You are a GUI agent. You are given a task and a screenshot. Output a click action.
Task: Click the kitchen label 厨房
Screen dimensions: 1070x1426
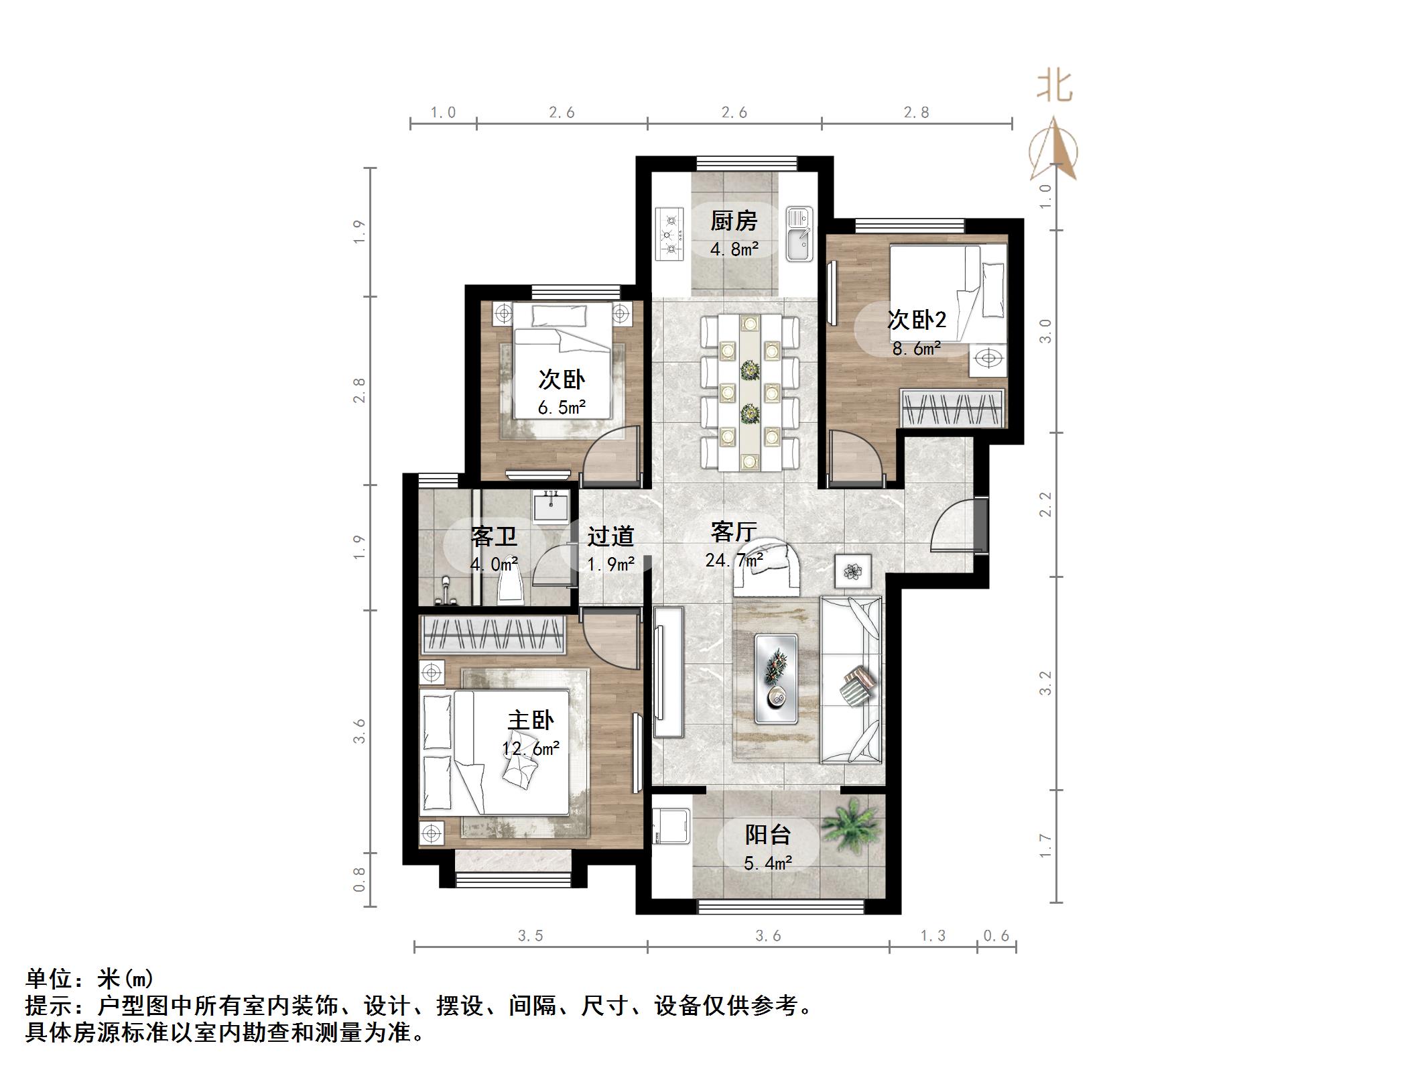(x=734, y=220)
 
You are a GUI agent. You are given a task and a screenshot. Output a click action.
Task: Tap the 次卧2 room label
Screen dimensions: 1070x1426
(x=916, y=320)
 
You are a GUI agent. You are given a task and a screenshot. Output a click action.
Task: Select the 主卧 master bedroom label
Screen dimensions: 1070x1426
(x=530, y=721)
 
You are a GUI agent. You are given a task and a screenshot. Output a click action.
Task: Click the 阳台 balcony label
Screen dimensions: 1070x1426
(x=768, y=835)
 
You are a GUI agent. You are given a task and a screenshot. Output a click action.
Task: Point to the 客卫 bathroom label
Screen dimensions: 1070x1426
(x=494, y=537)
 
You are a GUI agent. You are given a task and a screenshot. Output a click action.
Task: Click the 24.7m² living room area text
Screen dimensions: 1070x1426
(x=734, y=560)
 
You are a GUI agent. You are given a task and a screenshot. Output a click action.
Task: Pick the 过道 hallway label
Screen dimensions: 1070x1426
(x=610, y=536)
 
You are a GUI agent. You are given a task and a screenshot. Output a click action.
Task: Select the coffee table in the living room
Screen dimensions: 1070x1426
(x=776, y=678)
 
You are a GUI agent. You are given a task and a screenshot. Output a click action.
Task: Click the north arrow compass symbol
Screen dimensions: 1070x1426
(x=1054, y=149)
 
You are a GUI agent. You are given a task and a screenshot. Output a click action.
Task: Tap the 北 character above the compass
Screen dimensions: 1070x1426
(x=1054, y=86)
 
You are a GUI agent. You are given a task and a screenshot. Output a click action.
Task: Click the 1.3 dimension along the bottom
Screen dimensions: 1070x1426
(x=933, y=936)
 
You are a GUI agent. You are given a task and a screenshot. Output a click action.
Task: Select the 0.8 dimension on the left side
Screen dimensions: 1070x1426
(x=360, y=879)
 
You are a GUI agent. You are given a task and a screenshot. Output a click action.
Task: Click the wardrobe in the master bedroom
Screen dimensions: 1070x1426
(x=493, y=634)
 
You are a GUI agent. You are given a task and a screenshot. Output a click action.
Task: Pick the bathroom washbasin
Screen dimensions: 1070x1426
(x=551, y=506)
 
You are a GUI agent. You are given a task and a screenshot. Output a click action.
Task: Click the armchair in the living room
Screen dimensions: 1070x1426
(x=768, y=569)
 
